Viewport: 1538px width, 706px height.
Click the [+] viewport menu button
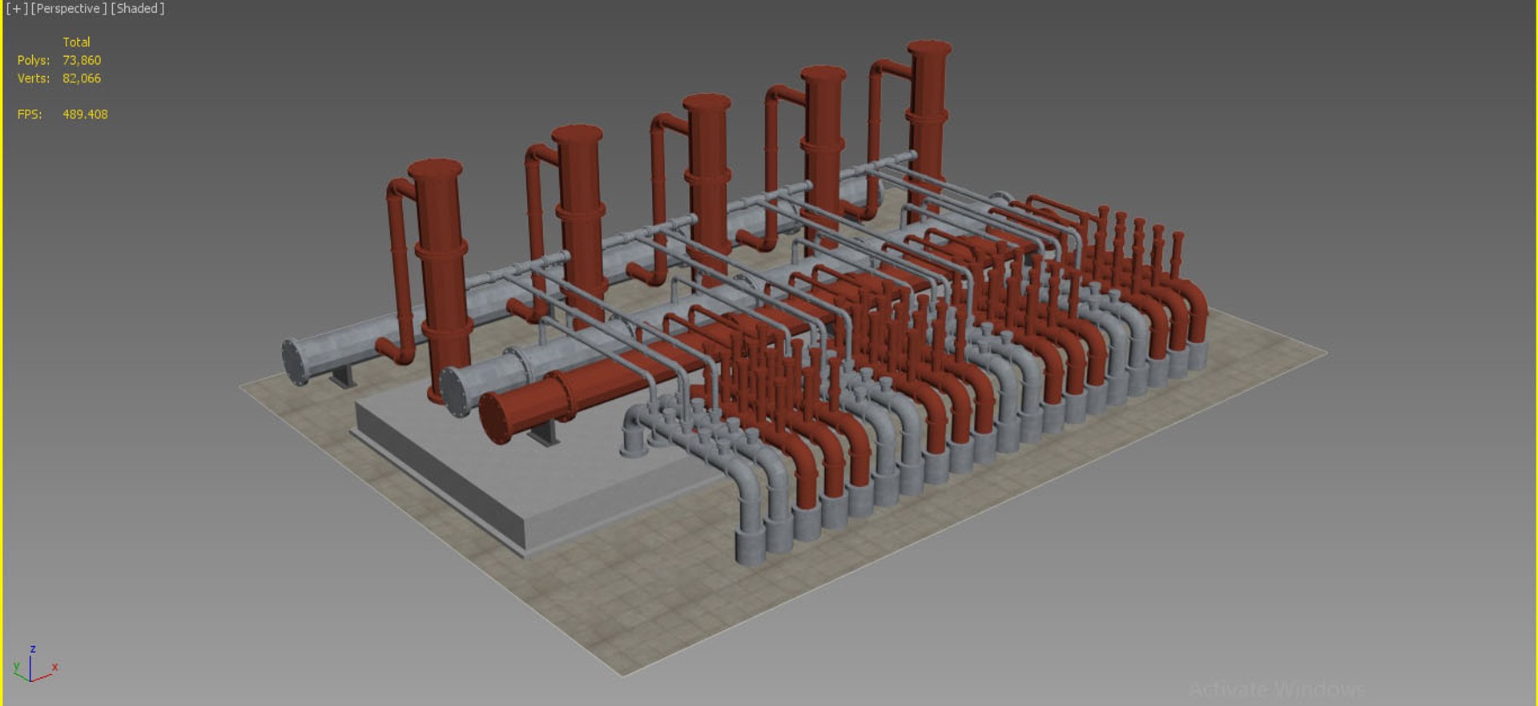coord(16,9)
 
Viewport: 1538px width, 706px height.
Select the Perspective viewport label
coord(68,9)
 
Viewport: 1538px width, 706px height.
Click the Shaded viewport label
coord(138,9)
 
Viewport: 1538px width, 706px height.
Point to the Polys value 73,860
coord(82,60)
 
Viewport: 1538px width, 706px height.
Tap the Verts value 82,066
coord(82,79)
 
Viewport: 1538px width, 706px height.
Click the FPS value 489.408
coord(85,115)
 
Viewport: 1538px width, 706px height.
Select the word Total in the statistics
coord(76,42)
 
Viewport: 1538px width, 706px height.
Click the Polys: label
coord(34,60)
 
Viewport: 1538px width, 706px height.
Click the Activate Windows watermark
coord(1277,689)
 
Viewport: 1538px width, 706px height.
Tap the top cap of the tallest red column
coord(929,48)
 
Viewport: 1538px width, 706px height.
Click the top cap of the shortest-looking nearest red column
coord(435,168)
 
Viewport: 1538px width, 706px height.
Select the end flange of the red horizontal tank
coord(497,417)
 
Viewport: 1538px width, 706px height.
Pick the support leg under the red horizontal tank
coord(545,434)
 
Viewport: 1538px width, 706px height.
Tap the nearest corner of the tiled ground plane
coord(624,675)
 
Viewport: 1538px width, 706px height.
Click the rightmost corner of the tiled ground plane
coord(1326,351)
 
